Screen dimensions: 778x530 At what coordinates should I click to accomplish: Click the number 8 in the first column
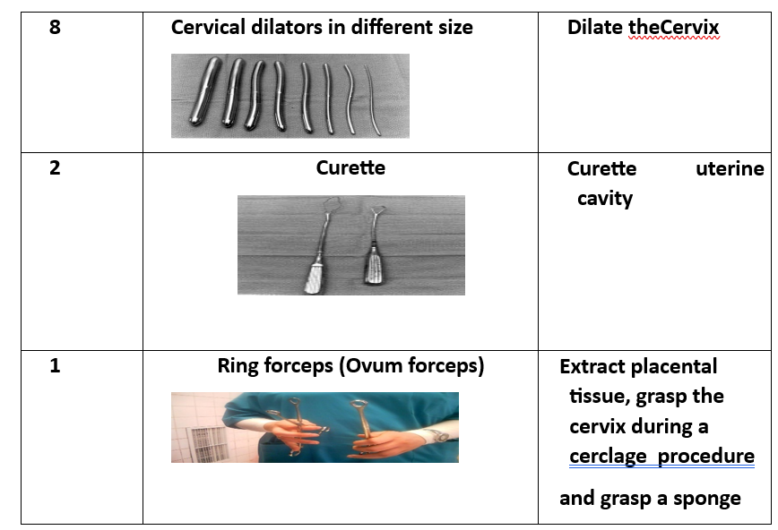(55, 27)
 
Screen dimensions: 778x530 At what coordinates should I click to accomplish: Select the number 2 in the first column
(55, 168)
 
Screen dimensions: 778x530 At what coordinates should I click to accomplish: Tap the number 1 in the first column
(55, 366)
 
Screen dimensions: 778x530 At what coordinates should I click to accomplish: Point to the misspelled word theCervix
(674, 27)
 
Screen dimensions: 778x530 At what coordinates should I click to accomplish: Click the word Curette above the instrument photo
(350, 167)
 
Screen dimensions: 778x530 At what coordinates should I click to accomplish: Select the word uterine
(730, 168)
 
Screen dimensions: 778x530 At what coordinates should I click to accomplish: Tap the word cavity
(605, 200)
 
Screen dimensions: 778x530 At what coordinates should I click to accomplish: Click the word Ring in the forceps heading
(238, 366)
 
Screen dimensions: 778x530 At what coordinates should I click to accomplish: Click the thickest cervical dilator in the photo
(204, 91)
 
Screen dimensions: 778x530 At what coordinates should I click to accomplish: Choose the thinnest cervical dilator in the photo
(373, 99)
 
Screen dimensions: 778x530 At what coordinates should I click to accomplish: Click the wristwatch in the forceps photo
(438, 436)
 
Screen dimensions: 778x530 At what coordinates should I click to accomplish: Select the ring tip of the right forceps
(359, 405)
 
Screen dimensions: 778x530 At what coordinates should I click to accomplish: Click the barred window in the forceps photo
(206, 443)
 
